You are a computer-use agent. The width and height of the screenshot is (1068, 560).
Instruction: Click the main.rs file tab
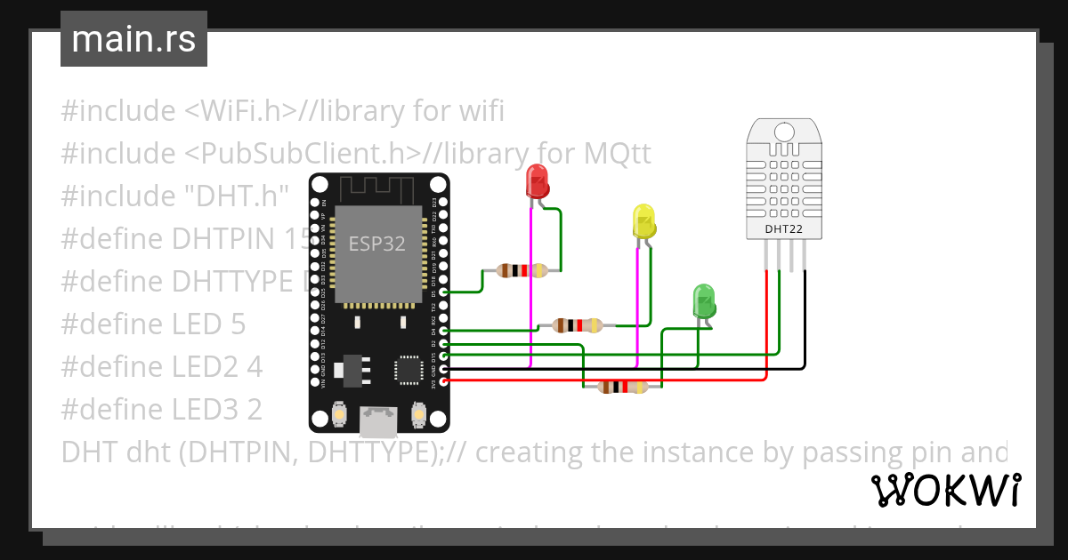(x=133, y=39)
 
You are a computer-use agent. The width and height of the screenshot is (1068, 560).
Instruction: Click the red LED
(x=538, y=182)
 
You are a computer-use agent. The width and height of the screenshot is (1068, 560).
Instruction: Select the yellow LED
(x=643, y=221)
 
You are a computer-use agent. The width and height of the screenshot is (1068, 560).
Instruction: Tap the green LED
(x=704, y=301)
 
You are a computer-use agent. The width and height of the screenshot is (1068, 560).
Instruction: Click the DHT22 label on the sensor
(x=783, y=228)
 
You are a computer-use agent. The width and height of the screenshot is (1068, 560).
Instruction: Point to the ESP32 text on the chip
(x=376, y=244)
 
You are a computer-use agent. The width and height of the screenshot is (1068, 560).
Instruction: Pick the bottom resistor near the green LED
(x=623, y=387)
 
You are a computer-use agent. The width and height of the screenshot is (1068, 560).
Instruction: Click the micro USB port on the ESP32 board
(x=377, y=420)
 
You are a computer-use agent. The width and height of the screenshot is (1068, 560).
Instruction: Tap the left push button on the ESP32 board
(x=339, y=414)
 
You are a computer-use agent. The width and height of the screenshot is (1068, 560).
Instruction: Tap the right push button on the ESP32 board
(x=417, y=414)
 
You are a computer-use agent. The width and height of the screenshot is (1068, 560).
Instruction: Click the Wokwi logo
(x=945, y=490)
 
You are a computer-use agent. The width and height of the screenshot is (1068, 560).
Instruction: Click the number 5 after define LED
(x=237, y=324)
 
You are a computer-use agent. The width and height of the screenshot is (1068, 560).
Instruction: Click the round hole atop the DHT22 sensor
(x=784, y=132)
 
